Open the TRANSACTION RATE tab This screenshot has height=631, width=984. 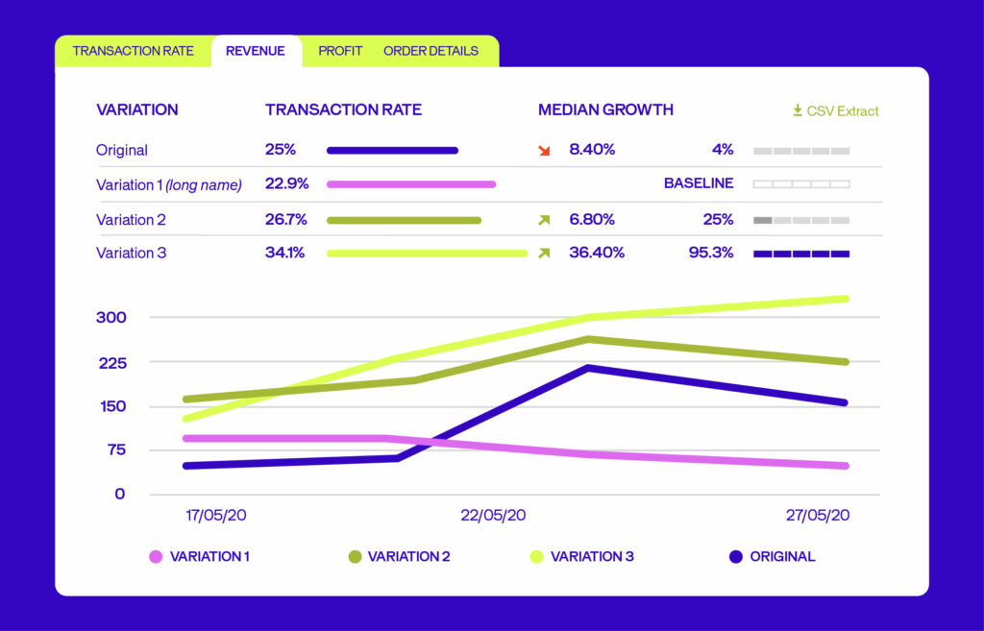[133, 51]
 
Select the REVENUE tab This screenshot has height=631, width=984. [256, 51]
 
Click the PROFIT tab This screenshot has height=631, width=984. [340, 51]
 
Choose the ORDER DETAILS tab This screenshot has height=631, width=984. [430, 51]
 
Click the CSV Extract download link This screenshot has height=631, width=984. [835, 110]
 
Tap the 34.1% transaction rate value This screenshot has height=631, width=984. [285, 253]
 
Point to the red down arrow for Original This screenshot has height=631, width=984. [544, 150]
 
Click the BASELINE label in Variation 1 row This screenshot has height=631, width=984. [699, 183]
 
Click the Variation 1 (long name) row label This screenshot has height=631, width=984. [169, 184]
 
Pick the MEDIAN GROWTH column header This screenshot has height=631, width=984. [605, 109]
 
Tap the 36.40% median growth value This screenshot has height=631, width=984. [597, 253]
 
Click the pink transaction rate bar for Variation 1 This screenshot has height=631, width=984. [411, 183]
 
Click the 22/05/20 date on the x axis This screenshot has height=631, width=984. [493, 516]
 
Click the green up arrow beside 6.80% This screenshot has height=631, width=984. [544, 220]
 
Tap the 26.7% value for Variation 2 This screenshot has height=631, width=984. [285, 219]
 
